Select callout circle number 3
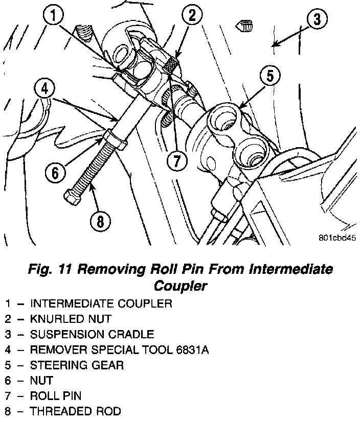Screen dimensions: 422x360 tap(317, 20)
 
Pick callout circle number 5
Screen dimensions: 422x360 tap(269, 76)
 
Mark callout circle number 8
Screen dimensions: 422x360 tap(100, 221)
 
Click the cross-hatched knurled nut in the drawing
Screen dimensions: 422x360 tap(173, 65)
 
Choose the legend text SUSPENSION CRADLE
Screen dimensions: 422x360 tap(92, 334)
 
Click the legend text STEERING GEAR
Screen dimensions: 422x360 tap(77, 365)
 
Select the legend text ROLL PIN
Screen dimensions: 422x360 tap(56, 395)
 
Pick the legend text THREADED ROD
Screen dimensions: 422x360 tap(75, 411)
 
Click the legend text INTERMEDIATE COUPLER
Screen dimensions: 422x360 tap(101, 303)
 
